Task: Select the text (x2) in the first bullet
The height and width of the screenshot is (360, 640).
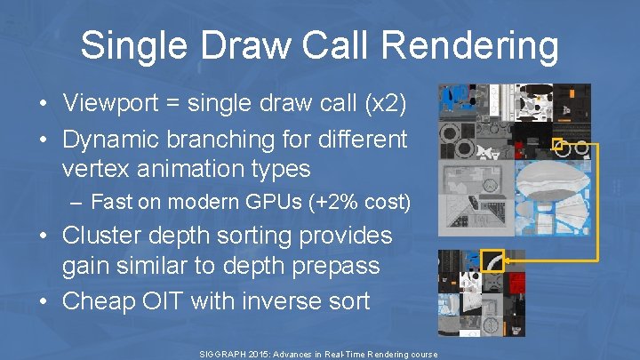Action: tap(382, 103)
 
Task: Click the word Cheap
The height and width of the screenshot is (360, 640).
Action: tap(98, 300)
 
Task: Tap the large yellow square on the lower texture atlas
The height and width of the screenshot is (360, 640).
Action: tap(492, 260)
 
